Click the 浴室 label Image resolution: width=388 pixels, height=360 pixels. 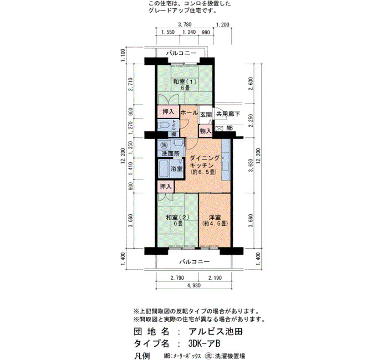(177, 169)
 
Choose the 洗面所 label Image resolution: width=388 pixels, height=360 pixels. (171, 153)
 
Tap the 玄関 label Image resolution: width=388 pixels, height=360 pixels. (206, 115)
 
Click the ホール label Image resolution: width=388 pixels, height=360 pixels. (189, 113)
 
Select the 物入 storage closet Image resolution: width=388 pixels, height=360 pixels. (206, 131)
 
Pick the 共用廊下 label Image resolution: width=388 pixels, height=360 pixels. (228, 114)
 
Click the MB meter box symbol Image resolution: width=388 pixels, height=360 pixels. (219, 128)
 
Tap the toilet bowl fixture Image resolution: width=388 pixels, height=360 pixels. (164, 126)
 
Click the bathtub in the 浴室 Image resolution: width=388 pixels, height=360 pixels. (164, 169)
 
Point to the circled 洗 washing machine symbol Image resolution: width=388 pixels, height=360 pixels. (164, 145)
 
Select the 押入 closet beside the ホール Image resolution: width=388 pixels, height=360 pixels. (169, 112)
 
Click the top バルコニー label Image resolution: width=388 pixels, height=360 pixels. (181, 53)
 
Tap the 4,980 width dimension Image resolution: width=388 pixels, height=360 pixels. (194, 286)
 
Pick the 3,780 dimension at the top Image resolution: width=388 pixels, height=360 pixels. (185, 25)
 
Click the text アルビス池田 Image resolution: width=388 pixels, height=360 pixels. (216, 332)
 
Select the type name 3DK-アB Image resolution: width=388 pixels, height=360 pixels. (204, 343)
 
